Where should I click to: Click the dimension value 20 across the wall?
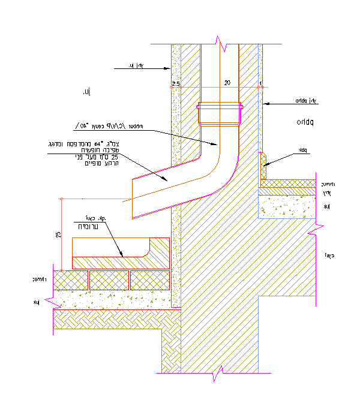point(226,82)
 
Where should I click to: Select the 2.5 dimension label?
point(176,83)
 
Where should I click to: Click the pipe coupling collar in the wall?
point(220,114)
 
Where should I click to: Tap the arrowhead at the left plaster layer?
point(170,68)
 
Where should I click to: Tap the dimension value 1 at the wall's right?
point(261,83)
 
